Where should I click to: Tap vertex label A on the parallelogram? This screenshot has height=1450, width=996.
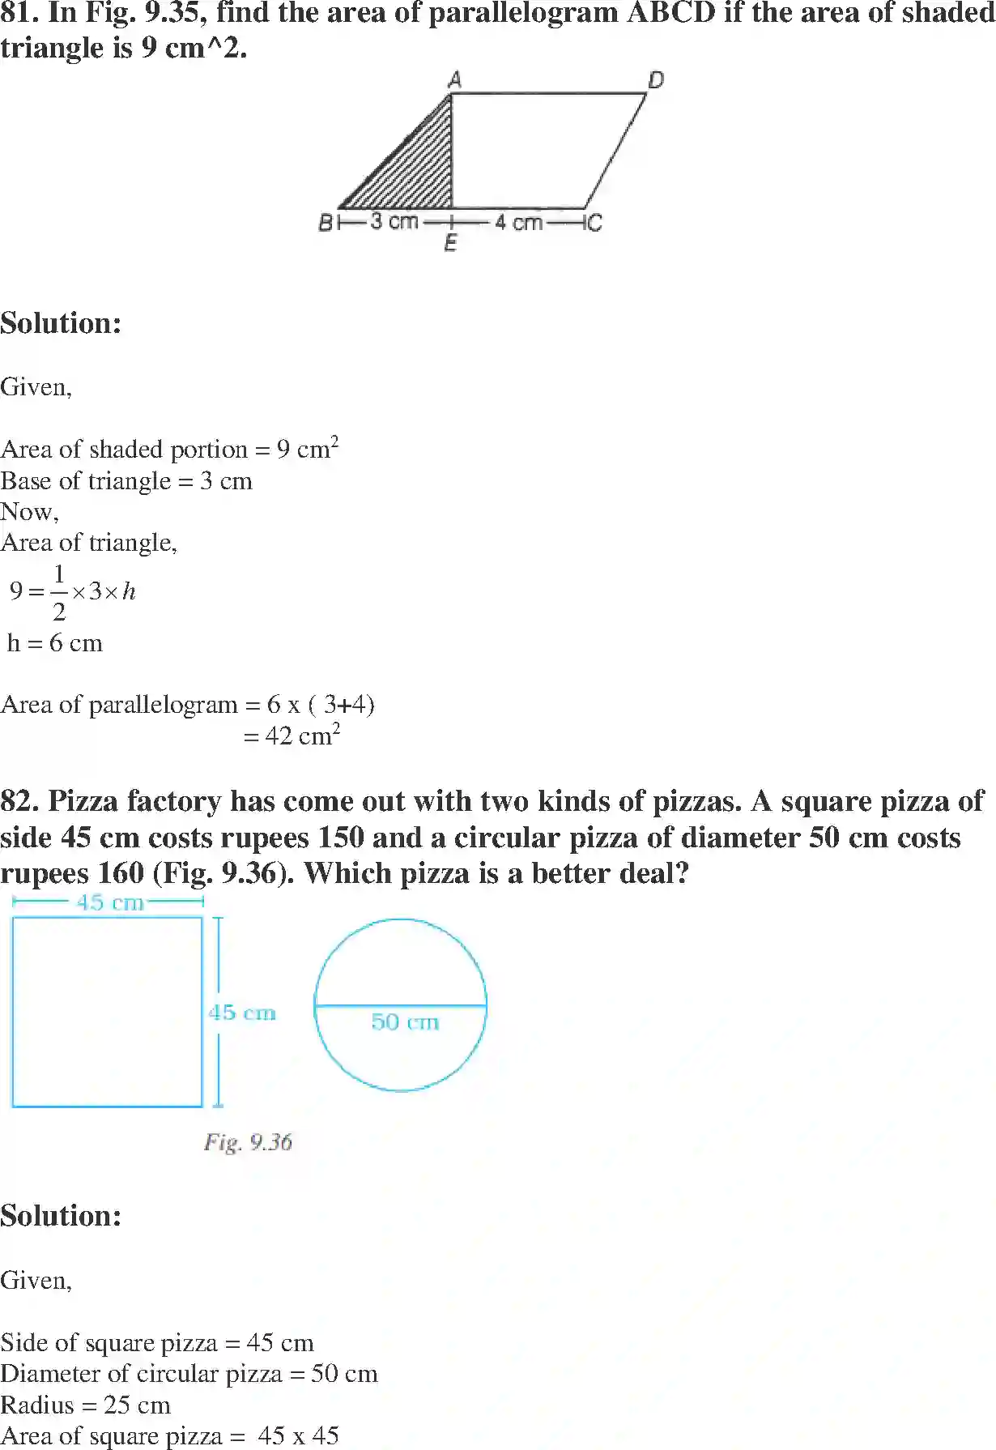coord(454,79)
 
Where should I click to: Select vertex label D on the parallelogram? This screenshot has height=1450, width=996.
coord(655,79)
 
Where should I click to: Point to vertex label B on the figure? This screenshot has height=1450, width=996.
coord(326,222)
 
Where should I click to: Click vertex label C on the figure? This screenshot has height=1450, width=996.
coord(594,222)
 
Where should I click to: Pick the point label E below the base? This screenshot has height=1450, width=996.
coord(451,243)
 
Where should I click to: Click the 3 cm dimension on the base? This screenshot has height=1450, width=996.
coord(394,221)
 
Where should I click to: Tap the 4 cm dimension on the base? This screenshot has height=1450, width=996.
coord(518,222)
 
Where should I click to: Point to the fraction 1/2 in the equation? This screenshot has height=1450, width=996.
coord(58,593)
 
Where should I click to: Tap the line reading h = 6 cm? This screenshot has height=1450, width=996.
coord(55,643)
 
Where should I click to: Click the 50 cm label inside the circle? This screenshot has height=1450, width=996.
coord(405,1021)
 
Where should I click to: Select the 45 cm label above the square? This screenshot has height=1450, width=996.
coord(110,902)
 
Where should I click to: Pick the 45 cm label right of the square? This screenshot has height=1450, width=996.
coord(242,1013)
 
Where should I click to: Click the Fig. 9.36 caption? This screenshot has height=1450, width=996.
coord(248,1142)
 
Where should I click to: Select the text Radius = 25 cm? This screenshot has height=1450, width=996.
coord(86,1405)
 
